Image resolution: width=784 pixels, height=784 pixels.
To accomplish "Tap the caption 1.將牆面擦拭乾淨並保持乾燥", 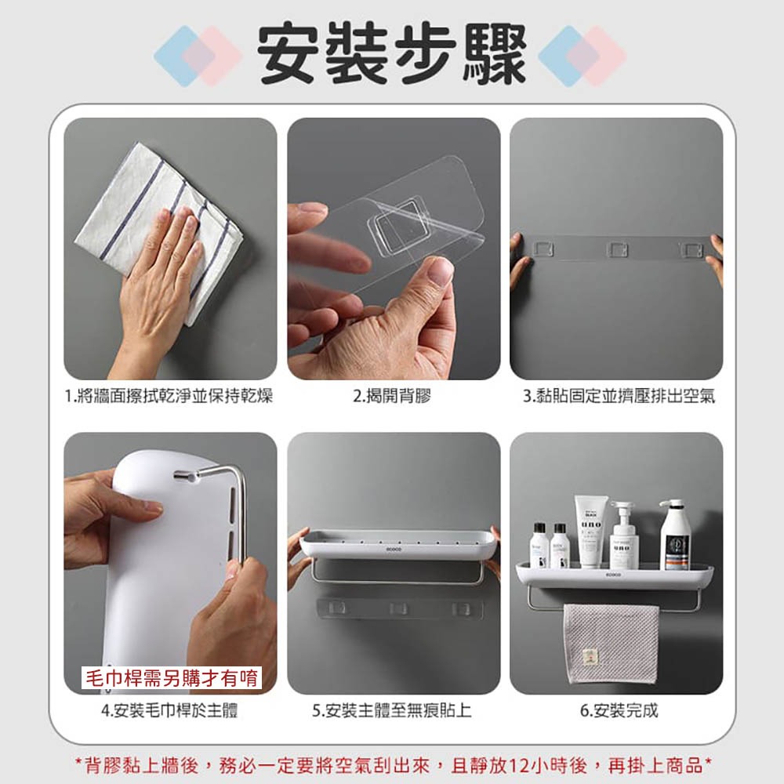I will pos(169,397).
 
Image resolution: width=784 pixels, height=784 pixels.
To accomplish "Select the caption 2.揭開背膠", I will pos(392,397).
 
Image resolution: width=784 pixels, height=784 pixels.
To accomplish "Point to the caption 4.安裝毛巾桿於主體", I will pos(170,711).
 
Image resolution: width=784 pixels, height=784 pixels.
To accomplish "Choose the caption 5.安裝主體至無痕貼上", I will pos(392,711).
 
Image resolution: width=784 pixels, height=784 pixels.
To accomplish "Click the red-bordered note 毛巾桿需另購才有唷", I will pos(172,677).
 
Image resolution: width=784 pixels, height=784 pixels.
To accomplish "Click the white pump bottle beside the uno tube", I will pos(624,537).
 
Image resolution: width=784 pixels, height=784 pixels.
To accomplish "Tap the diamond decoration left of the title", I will pos(196,55).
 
